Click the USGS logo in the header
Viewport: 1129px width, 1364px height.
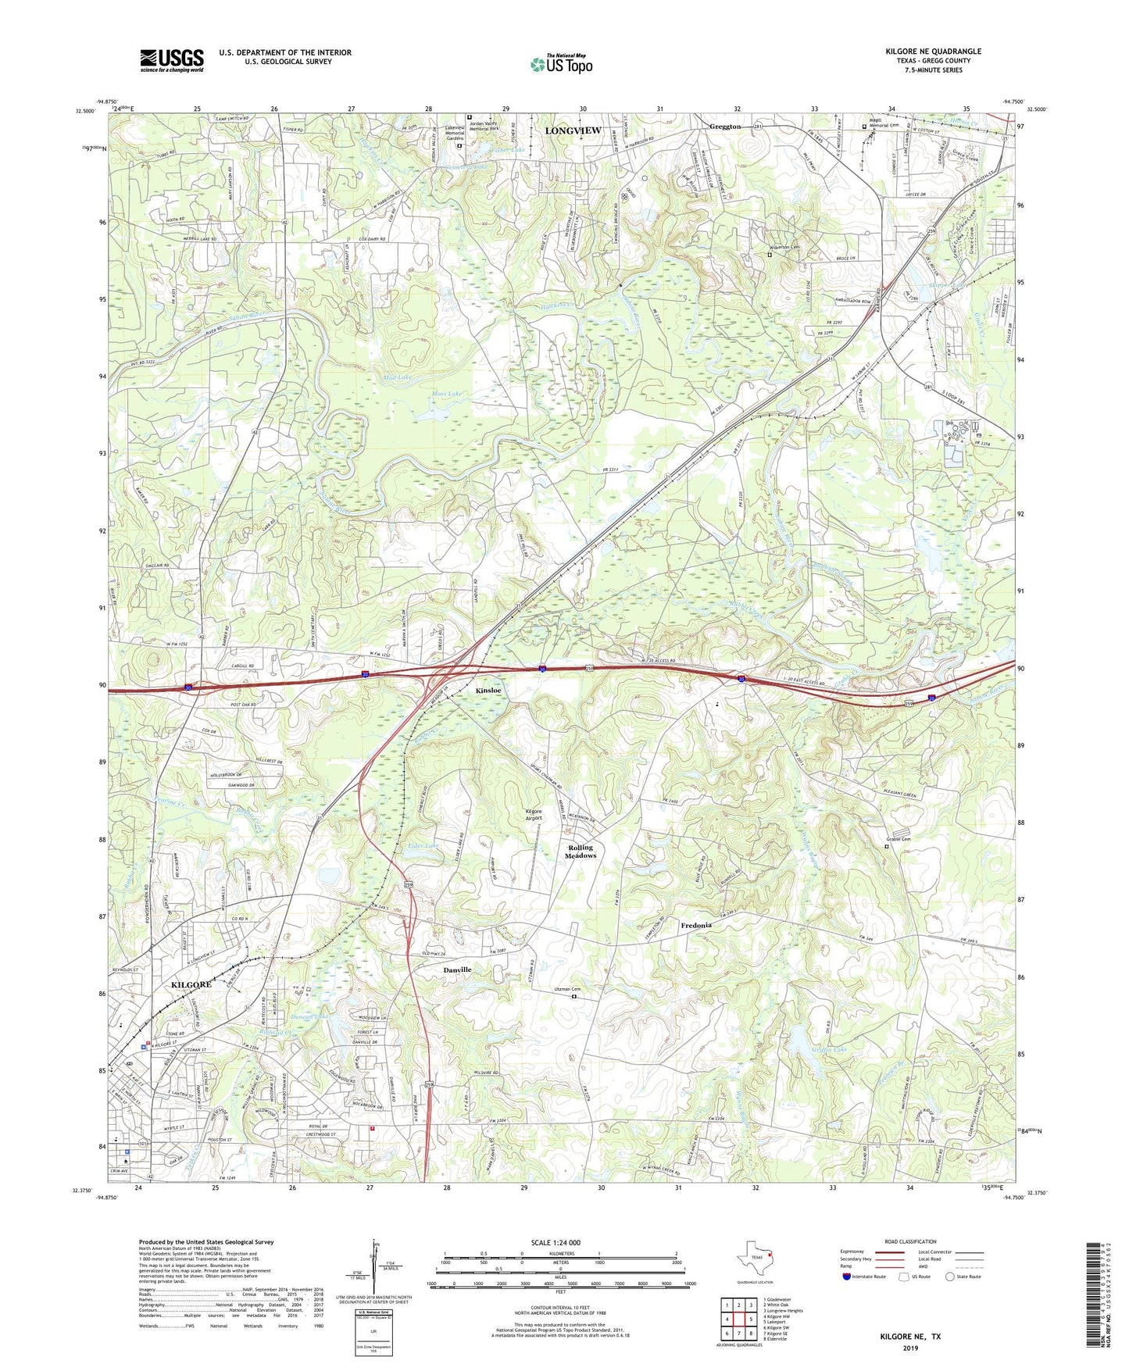(172, 60)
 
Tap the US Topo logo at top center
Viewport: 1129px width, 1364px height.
(561, 64)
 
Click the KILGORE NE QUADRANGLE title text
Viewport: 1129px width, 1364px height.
(933, 52)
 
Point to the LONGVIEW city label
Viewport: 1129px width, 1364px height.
(572, 130)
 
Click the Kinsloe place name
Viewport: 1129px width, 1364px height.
(488, 691)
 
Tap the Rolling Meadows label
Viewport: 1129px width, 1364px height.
(581, 852)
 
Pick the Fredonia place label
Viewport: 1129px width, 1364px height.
(695, 925)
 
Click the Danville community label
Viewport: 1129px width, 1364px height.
(457, 969)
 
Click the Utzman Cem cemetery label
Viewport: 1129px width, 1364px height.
(568, 989)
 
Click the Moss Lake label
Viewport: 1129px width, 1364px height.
(448, 393)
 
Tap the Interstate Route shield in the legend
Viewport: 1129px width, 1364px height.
(848, 1277)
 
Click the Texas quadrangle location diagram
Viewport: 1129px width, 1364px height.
(755, 1258)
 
